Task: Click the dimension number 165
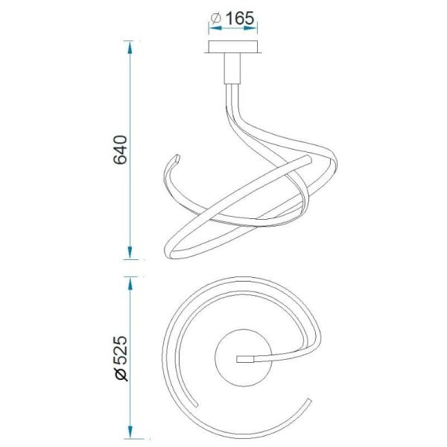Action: point(239,19)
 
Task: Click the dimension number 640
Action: point(120,150)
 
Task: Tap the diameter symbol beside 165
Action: point(216,19)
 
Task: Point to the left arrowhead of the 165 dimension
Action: point(215,28)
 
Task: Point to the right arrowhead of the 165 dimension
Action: point(250,28)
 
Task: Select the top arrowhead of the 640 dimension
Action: point(130,48)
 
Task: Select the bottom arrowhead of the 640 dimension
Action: point(130,253)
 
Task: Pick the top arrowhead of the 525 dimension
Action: point(130,283)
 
